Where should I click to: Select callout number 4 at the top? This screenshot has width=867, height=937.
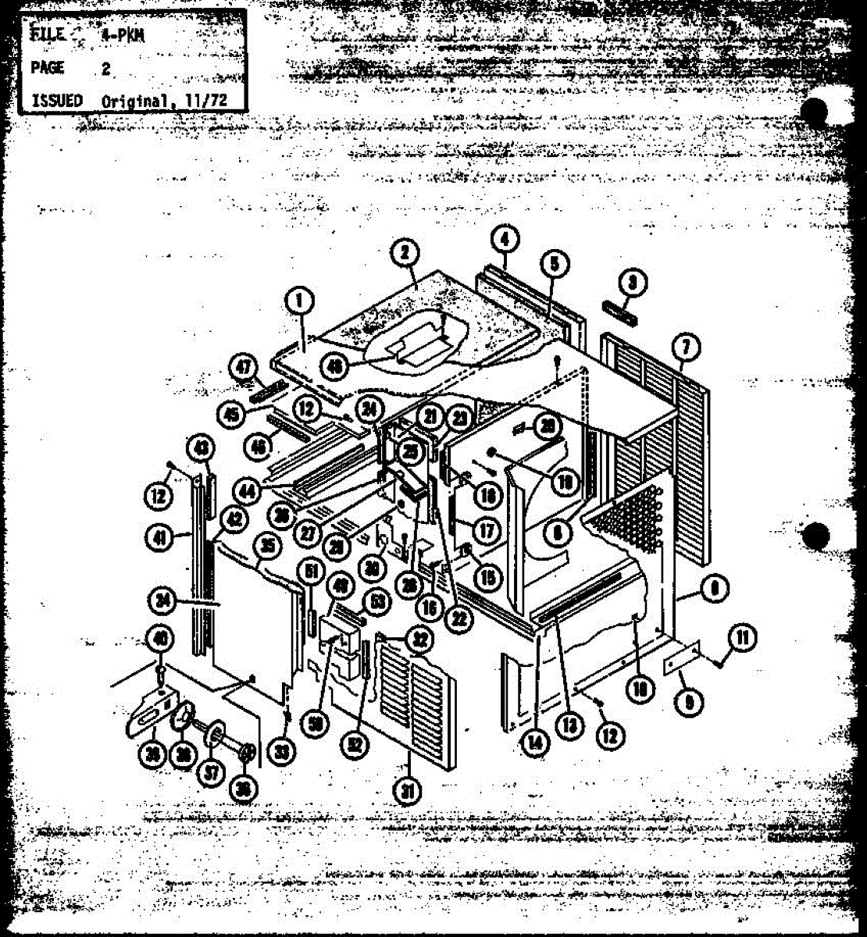tap(505, 239)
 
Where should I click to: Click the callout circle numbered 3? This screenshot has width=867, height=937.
tap(633, 284)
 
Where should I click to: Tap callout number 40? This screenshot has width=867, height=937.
tap(161, 639)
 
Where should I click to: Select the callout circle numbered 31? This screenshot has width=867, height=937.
tap(407, 791)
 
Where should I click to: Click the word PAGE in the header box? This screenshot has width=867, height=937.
tap(46, 68)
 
